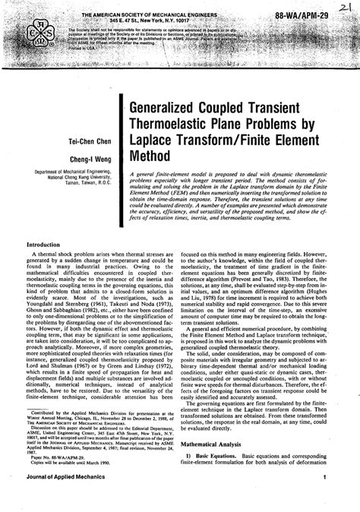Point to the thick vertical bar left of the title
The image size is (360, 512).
click(x=123, y=152)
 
